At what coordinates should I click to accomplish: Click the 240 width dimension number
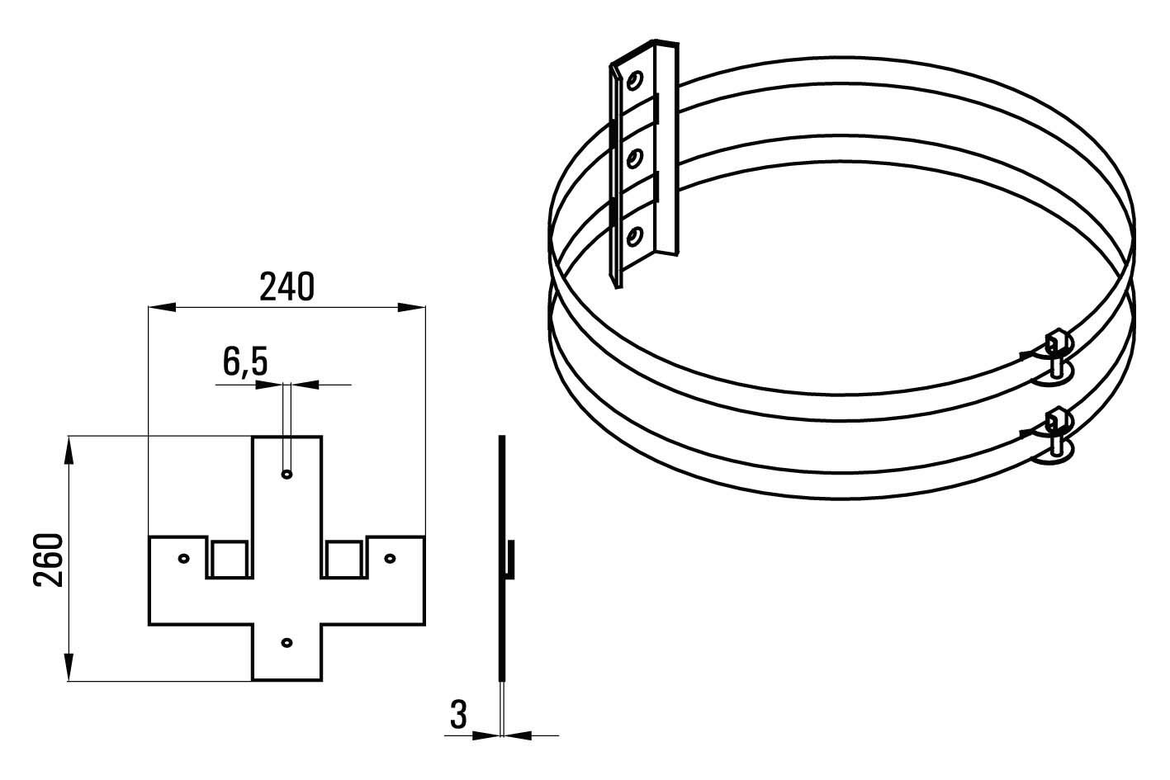(x=287, y=286)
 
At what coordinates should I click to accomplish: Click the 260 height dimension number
(x=48, y=560)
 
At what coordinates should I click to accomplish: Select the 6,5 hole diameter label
(x=245, y=362)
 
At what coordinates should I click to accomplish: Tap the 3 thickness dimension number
(x=458, y=715)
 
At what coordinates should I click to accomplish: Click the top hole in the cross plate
(x=287, y=474)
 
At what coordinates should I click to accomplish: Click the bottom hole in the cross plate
(x=287, y=642)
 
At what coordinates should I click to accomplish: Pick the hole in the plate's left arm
(x=184, y=559)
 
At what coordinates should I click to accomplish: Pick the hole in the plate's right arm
(x=390, y=559)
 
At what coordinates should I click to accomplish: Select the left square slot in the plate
(x=230, y=559)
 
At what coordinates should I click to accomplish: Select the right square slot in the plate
(x=343, y=559)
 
